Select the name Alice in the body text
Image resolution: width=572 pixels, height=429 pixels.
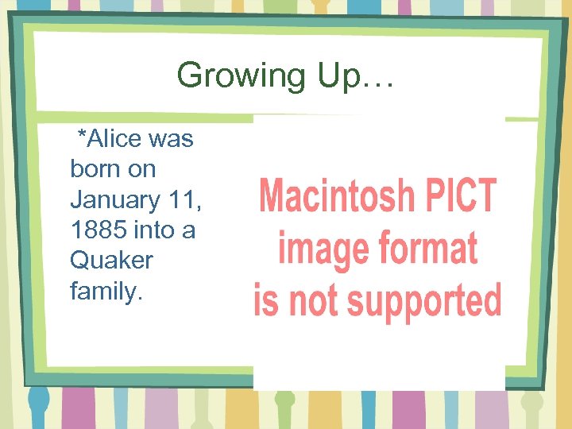[x=114, y=139]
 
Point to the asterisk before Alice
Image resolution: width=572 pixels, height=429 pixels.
[x=80, y=137]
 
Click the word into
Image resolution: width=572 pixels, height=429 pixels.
[x=157, y=230]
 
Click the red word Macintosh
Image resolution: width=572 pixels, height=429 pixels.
[x=337, y=195]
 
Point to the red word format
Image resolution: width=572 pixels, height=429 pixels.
[x=429, y=248]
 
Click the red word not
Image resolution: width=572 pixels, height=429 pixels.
[x=311, y=301]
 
